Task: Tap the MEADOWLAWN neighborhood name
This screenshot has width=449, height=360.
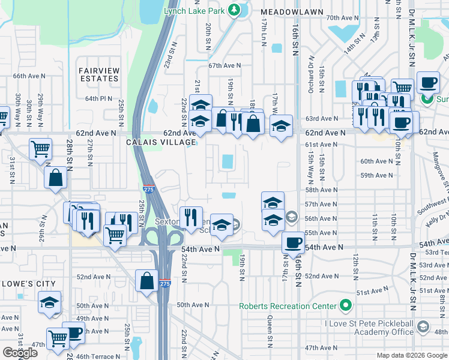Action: click(x=292, y=12)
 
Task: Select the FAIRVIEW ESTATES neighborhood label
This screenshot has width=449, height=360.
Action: click(x=98, y=74)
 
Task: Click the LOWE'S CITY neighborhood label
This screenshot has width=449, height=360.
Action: click(x=28, y=284)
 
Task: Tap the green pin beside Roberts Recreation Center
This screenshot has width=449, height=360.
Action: click(x=345, y=305)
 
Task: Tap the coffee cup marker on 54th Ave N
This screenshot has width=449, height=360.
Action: click(x=293, y=242)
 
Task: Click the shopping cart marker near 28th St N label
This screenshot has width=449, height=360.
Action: click(x=40, y=148)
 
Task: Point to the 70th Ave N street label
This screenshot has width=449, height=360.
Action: click(x=342, y=19)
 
